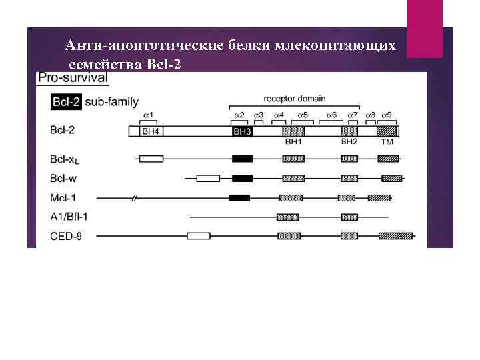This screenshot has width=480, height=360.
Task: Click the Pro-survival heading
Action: pos(73,78)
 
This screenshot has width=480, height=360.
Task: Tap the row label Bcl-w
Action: pos(65,179)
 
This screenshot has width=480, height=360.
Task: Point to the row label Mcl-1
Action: pos(64,198)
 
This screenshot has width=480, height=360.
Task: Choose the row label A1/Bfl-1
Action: pos(69,217)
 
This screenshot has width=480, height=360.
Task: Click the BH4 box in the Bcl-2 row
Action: pos(150,132)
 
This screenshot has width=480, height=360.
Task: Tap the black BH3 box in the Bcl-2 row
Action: pos(242,132)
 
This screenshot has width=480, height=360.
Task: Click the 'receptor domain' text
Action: pos(295,99)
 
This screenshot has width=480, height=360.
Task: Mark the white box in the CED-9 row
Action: pos(198,236)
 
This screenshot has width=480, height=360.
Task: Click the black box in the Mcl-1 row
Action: pos(239,198)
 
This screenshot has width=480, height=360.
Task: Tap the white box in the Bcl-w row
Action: pos(208,179)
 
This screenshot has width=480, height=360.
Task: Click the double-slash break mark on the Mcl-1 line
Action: pos(135,198)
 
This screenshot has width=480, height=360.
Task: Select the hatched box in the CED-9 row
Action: pos(395,236)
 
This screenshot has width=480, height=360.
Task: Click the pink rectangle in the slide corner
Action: pos(424,29)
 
